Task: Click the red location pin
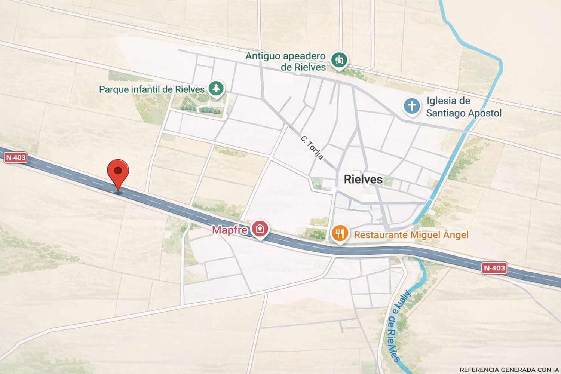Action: [118, 173]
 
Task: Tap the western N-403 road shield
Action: [16, 157]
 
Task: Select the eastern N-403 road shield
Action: [494, 268]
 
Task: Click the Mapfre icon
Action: [260, 228]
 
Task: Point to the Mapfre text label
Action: [230, 230]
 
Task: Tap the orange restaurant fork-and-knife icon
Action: [340, 233]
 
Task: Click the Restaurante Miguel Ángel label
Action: [411, 235]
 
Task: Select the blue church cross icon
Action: [412, 106]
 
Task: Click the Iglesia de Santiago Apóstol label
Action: [463, 107]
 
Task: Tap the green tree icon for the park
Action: [216, 89]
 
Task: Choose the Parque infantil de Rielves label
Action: [151, 89]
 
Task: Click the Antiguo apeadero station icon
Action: [339, 59]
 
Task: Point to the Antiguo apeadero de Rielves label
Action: [285, 61]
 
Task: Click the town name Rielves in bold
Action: [363, 179]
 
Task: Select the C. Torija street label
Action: [312, 148]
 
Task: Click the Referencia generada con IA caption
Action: [509, 370]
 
